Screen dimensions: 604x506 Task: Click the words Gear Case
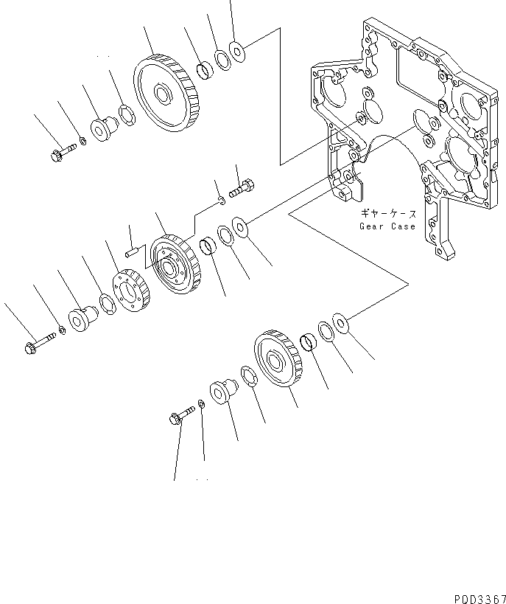click(x=387, y=226)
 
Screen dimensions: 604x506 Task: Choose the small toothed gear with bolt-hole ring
click(x=132, y=292)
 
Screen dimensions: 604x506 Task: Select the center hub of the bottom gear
click(x=277, y=361)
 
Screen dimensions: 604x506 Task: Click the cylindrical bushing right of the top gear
click(x=203, y=71)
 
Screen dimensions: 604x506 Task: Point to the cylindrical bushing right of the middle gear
click(x=208, y=246)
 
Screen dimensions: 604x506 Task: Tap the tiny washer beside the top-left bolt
click(x=83, y=140)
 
